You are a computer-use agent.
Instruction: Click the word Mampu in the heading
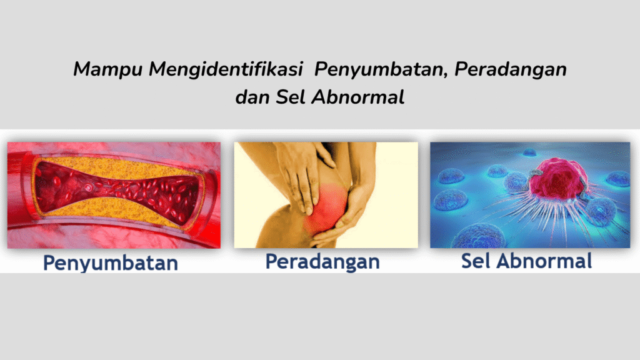[107, 69]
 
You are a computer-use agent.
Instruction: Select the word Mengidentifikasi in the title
[226, 69]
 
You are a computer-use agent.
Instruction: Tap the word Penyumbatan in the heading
[378, 69]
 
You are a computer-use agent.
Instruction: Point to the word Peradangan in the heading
[510, 69]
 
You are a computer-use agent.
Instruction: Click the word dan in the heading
[252, 97]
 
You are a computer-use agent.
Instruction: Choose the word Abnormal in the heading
[358, 97]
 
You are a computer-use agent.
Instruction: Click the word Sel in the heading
[290, 97]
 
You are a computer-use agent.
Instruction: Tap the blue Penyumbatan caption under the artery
[111, 263]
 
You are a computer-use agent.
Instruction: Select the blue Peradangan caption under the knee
[322, 262]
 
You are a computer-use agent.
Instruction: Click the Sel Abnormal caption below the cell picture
[526, 261]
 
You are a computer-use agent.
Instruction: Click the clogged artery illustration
[114, 195]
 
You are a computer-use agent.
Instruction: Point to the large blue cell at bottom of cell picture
[482, 237]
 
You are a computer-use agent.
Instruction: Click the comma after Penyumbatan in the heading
[445, 76]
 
